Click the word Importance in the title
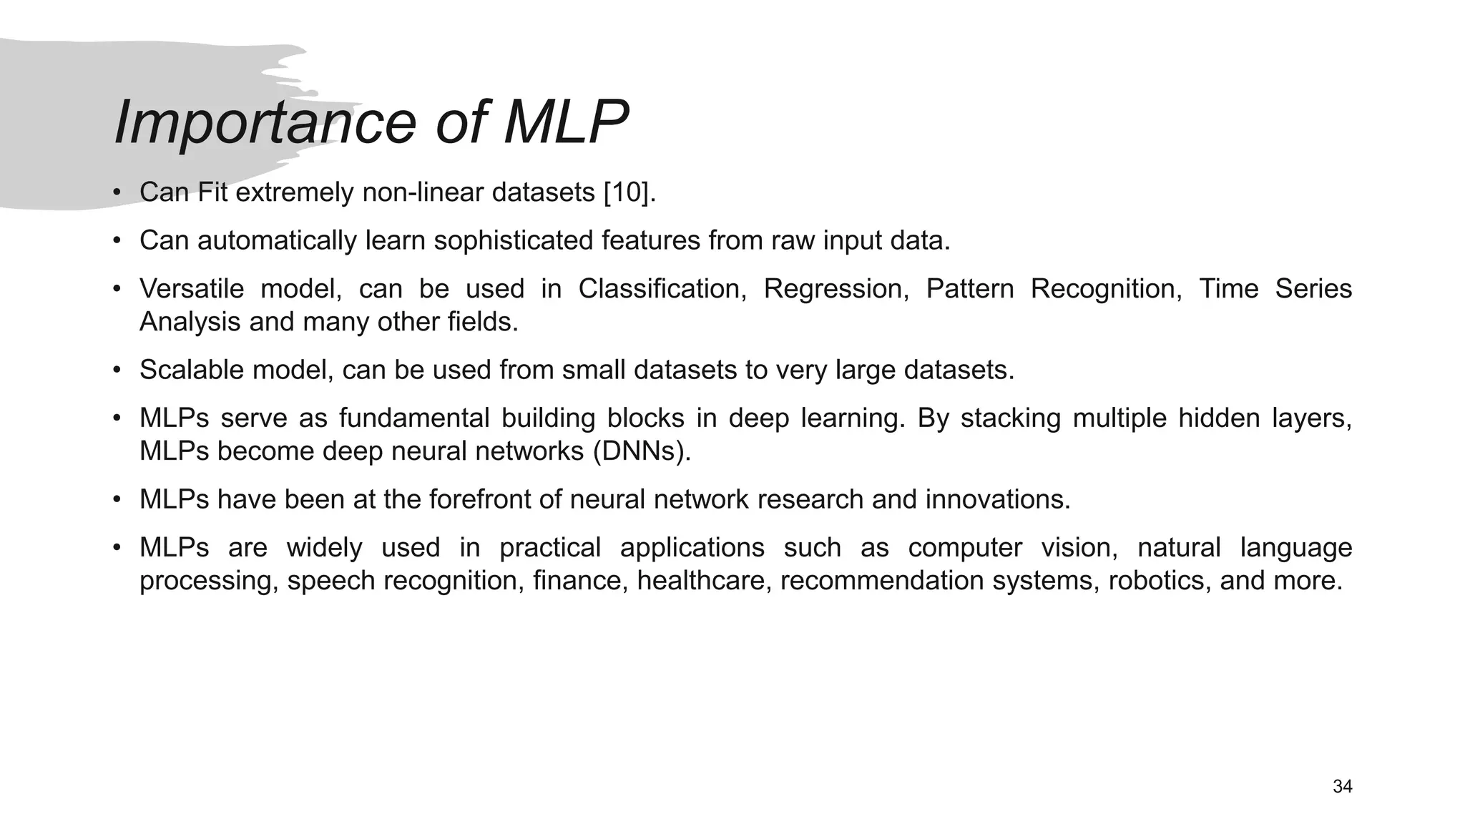(265, 123)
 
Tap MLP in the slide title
(565, 123)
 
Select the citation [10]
(627, 192)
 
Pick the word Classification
(662, 289)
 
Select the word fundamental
(413, 418)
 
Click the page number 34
(1342, 787)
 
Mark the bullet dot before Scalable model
(117, 371)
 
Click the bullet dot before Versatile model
(117, 289)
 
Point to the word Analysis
(190, 323)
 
